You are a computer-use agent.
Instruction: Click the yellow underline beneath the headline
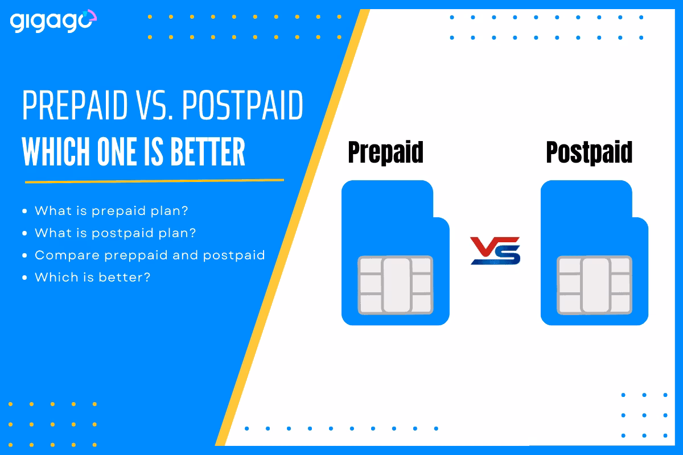(154, 181)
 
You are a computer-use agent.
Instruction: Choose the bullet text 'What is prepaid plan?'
(111, 210)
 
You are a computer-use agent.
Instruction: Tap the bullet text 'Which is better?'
(93, 277)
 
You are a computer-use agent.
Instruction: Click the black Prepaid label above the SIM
(385, 152)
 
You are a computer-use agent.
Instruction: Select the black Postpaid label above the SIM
(589, 152)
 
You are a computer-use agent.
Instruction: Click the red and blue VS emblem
(495, 251)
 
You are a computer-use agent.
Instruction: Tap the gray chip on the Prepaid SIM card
(396, 285)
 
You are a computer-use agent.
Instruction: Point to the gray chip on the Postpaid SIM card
(595, 285)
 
